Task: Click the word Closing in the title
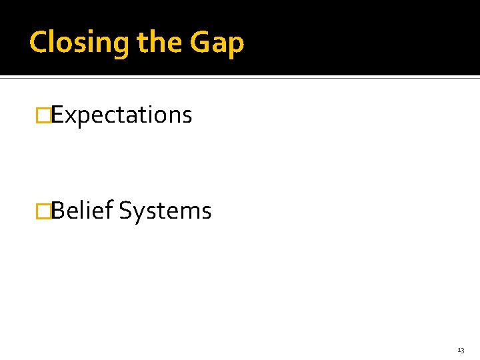pos(80,43)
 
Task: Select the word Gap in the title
pos(217,43)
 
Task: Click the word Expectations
pos(122,115)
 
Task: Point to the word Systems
pos(166,211)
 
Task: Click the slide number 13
pos(461,350)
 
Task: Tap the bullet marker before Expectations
pos(43,115)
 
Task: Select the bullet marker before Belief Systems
pos(43,211)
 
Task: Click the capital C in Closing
pos(39,43)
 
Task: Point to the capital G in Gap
pos(201,43)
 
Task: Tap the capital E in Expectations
pos(57,115)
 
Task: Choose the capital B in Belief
pos(58,211)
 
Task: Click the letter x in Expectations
pos(69,117)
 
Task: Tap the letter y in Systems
pos(138,214)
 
